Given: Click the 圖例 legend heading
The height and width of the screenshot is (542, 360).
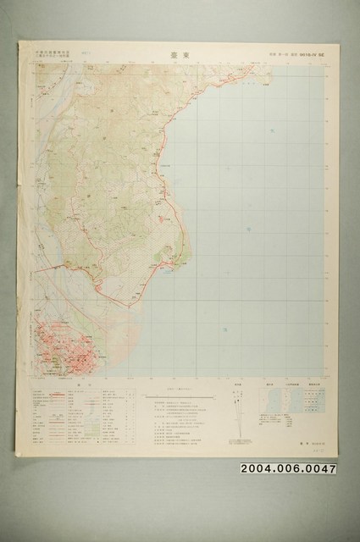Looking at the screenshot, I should tap(83, 384).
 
